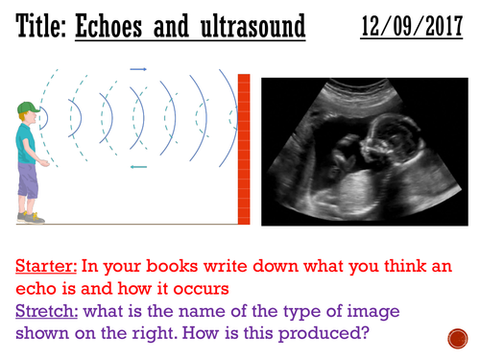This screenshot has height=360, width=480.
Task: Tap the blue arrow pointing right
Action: point(138,69)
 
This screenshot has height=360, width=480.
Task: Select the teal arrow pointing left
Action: point(138,167)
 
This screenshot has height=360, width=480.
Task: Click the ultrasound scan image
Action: point(365,154)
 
